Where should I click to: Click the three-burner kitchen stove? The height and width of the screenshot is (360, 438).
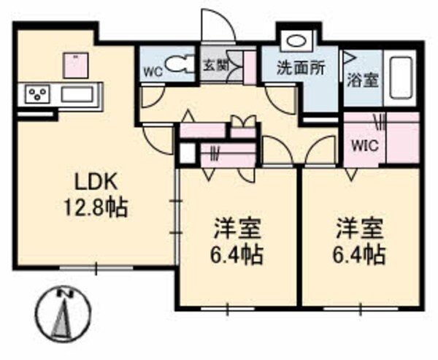[37, 94]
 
